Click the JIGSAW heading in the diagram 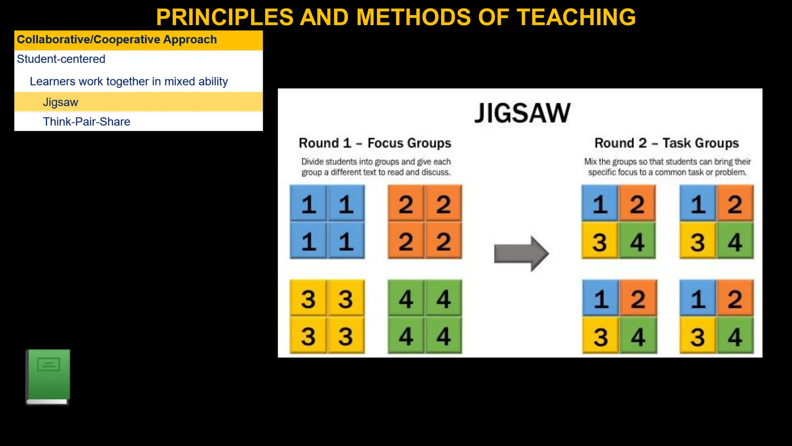coord(522,113)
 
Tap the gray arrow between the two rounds coord(521,254)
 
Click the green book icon coord(48,376)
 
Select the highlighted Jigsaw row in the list coord(60,102)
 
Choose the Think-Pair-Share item coord(87,122)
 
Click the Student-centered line coord(61,59)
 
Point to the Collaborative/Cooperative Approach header coord(117,40)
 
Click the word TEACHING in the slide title coord(576,17)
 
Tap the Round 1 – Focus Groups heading coord(375,143)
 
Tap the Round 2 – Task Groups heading coord(666,143)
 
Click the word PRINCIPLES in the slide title coord(225,17)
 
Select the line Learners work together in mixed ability coord(129,82)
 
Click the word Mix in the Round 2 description coord(591,162)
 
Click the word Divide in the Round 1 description coord(312,162)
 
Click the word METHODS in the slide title coord(413,17)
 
